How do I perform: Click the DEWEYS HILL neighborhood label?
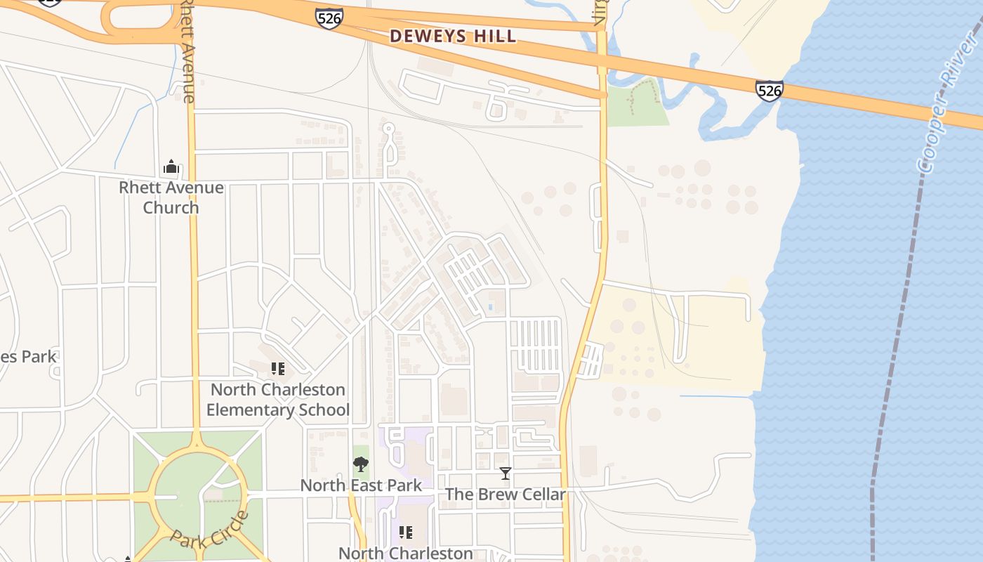click(453, 36)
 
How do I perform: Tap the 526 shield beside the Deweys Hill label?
click(329, 18)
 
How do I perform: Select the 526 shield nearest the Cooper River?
click(770, 91)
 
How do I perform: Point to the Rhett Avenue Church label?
click(171, 197)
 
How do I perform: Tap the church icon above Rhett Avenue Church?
click(171, 167)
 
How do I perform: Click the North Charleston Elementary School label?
click(278, 400)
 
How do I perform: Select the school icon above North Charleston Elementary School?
click(277, 369)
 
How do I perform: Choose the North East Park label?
click(361, 485)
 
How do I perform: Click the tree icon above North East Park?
click(361, 464)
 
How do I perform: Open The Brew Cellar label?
click(505, 495)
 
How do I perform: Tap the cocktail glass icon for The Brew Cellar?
click(505, 473)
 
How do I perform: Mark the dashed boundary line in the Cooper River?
click(892, 351)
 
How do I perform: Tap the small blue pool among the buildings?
click(489, 307)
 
